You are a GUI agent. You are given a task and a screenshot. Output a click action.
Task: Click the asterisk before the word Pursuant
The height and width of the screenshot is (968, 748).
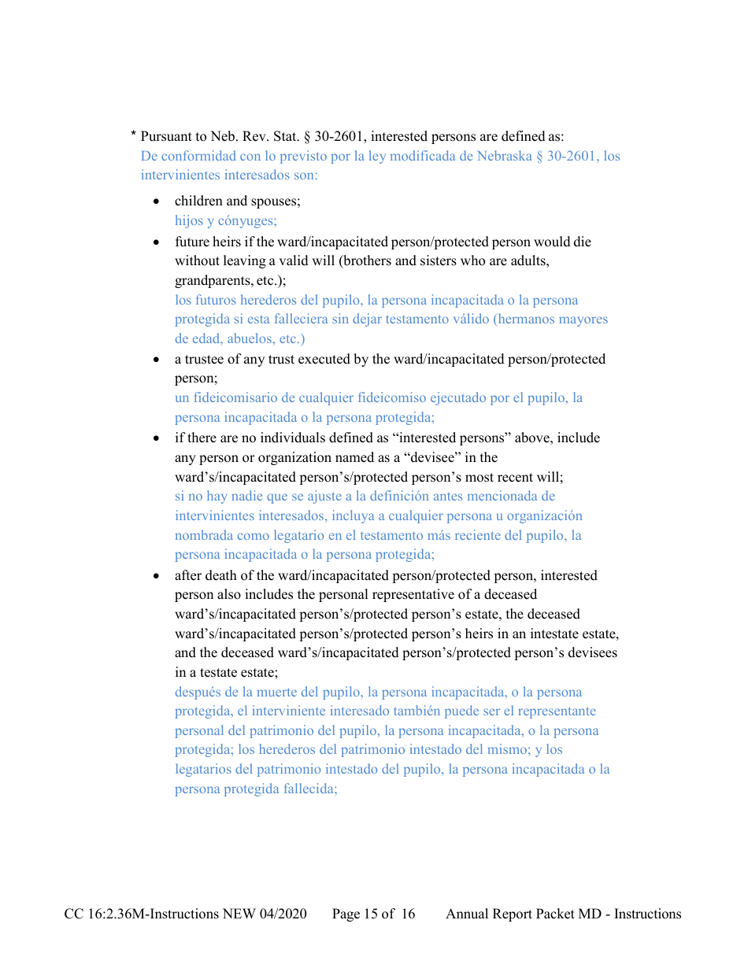(x=134, y=135)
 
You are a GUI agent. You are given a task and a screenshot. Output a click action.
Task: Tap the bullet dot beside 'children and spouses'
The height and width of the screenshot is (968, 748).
(x=157, y=201)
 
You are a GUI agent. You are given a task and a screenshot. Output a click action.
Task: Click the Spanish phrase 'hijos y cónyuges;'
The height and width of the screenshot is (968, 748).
(x=225, y=221)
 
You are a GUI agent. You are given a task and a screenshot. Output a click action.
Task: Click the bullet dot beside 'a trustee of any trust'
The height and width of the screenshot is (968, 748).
(x=157, y=360)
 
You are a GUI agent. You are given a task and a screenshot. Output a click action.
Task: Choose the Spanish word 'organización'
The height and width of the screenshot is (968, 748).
(x=544, y=516)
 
